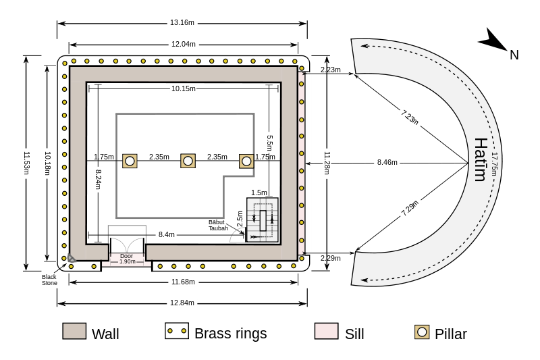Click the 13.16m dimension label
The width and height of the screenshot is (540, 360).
[182, 23]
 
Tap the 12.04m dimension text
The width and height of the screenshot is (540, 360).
[184, 44]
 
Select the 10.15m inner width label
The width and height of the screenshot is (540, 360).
[184, 88]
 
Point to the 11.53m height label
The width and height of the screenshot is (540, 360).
[26, 163]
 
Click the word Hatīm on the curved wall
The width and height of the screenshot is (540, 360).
[481, 159]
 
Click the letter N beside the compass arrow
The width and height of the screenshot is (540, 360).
[514, 55]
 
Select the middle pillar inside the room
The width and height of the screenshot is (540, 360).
[188, 161]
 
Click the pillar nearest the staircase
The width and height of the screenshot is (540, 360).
[246, 161]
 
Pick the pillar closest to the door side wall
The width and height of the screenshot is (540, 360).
[130, 161]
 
